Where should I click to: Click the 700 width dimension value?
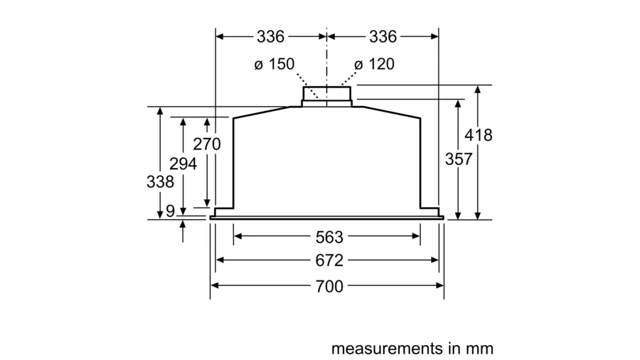pos(328,287)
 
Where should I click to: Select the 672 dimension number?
pos(328,260)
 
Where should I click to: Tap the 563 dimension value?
pos(328,237)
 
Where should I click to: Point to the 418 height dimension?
pos(478,135)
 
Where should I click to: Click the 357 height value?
pos(459,160)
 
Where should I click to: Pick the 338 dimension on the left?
pos(160,181)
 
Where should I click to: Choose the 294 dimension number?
pos(183,164)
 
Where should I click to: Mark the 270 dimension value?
pos(207,144)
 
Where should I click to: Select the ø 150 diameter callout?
pos(274,64)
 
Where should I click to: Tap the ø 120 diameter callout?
pos(374,64)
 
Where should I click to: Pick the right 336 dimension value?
pos(383,36)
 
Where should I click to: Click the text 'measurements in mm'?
pos(412,349)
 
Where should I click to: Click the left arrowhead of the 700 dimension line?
pos(214,287)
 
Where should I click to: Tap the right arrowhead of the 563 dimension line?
pos(417,237)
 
